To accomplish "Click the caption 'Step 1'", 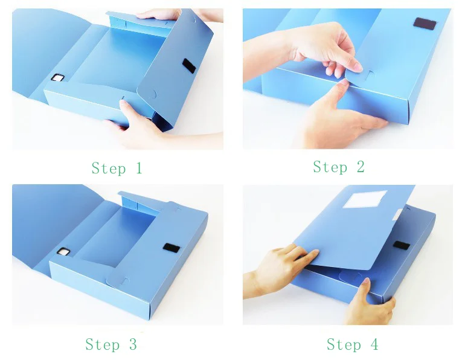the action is tap(117, 169).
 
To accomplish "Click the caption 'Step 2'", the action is tap(339, 167).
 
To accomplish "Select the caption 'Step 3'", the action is tap(111, 344).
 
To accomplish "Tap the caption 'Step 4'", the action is tap(353, 344).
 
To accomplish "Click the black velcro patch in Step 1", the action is tap(189, 66).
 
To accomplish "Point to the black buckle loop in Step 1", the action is tap(57, 77).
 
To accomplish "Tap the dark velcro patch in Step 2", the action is tap(425, 24).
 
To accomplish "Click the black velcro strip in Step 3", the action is tap(172, 248).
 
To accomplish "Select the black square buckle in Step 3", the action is tap(63, 252).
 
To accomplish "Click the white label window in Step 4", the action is tap(365, 199).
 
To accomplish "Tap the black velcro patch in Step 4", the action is tap(402, 245).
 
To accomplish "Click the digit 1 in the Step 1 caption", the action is tap(139, 168).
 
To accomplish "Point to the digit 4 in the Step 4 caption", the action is tap(374, 344).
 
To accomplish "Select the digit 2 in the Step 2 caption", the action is tap(361, 166).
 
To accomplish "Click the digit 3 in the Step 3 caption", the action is tap(133, 344).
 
